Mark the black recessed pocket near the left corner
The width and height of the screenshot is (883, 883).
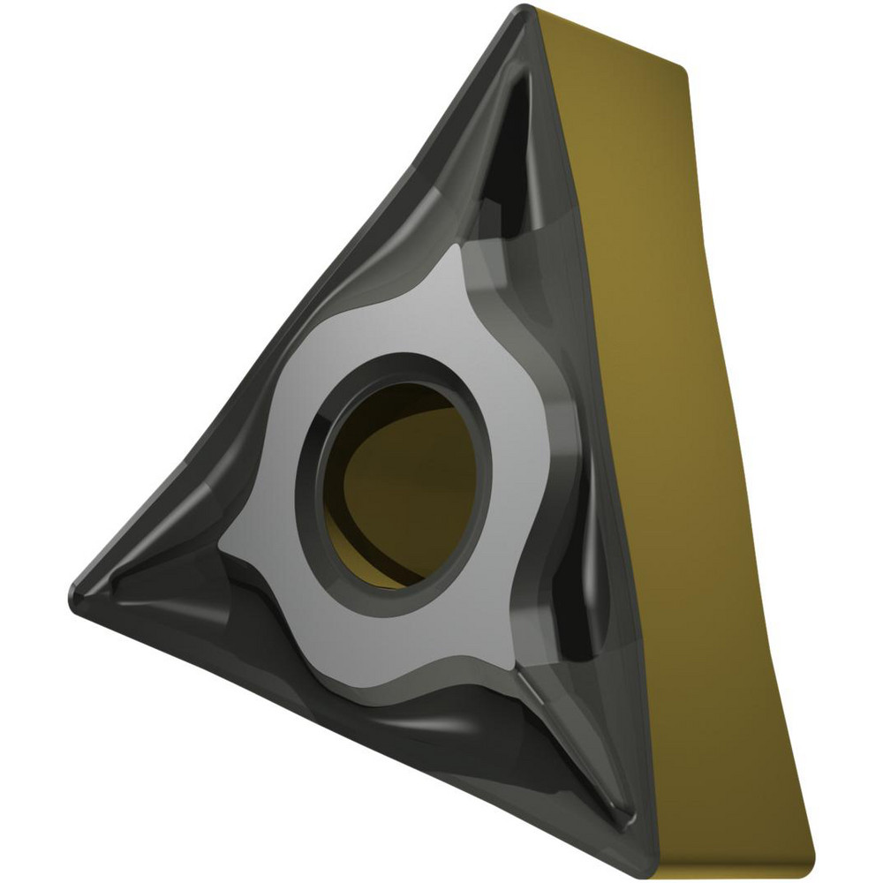pos(150,583)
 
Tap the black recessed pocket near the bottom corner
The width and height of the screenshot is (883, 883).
pos(600,768)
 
